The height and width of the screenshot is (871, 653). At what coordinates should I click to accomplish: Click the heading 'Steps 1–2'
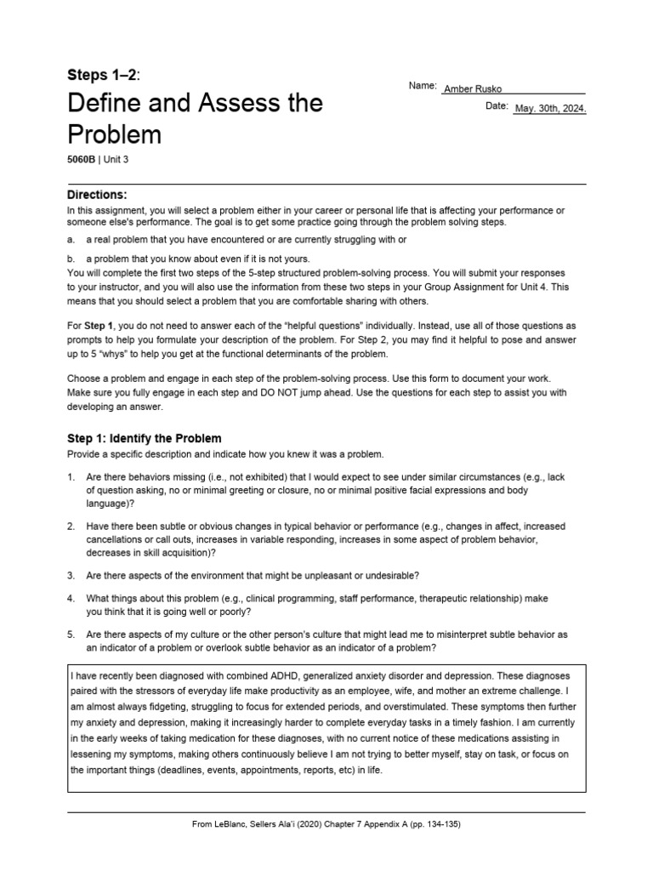coord(101,75)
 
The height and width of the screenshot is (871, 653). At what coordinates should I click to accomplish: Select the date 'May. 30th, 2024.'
coord(550,109)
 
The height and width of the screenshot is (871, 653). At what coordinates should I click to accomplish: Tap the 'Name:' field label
coord(423,87)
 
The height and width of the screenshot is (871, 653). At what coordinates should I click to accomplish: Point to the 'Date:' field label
coord(497,106)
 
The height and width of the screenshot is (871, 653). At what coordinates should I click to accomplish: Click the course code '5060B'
coord(82,159)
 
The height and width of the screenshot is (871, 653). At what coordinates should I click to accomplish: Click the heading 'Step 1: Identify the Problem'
coord(144,438)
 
